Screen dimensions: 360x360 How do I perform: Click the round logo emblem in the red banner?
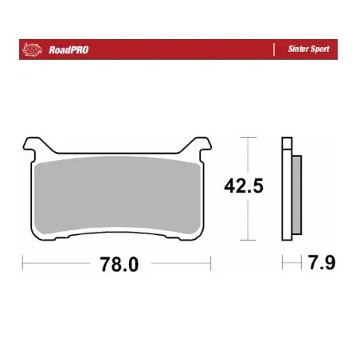coord(32,49)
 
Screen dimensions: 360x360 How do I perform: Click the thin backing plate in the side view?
coord(286,191)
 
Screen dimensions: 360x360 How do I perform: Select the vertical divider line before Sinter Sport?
coord(276,49)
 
